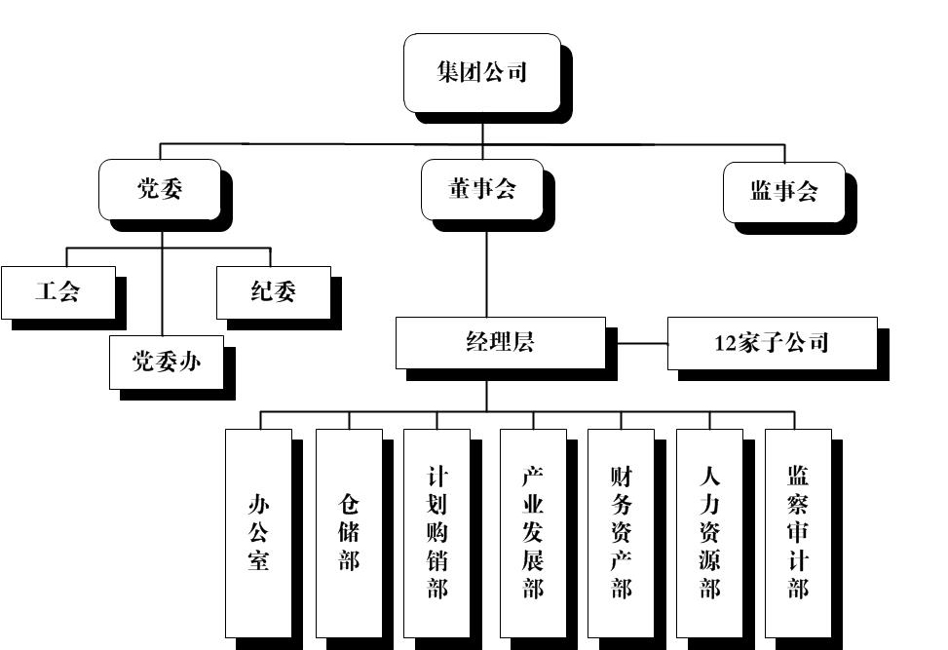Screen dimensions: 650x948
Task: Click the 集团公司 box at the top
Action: pyautogui.click(x=481, y=73)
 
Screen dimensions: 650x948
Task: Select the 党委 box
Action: pyautogui.click(x=161, y=190)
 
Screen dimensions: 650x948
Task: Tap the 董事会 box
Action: pyautogui.click(x=481, y=190)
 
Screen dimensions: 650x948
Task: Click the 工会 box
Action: pyautogui.click(x=57, y=292)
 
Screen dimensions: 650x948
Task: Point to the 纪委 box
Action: pyautogui.click(x=272, y=292)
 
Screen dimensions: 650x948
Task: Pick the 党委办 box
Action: pyautogui.click(x=167, y=362)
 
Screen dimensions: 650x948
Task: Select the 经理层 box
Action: pyautogui.click(x=500, y=342)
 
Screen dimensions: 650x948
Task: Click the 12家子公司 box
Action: pyautogui.click(x=772, y=343)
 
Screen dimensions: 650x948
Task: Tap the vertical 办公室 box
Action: pyautogui.click(x=258, y=532)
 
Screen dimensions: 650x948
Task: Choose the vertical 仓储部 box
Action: pyautogui.click(x=349, y=532)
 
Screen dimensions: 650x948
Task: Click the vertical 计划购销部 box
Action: pyautogui.click(x=437, y=532)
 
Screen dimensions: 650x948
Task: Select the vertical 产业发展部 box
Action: pyautogui.click(x=533, y=532)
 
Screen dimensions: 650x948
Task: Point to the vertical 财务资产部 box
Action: pyautogui.click(x=621, y=532)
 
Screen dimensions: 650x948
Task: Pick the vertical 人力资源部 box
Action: pyautogui.click(x=709, y=532)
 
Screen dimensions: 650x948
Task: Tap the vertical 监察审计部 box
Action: pyautogui.click(x=798, y=532)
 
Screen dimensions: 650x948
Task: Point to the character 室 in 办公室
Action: pyautogui.click(x=258, y=560)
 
